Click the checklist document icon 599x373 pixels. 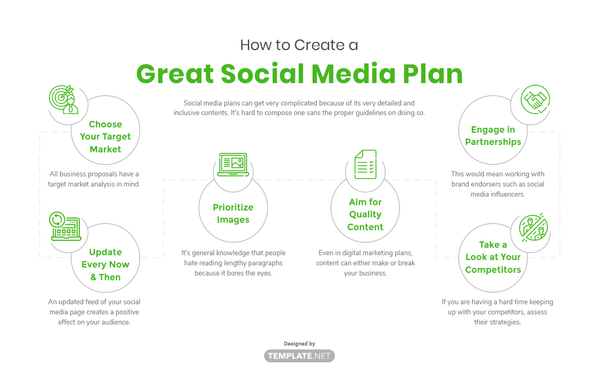[365, 164]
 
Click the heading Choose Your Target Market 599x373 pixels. [105, 137]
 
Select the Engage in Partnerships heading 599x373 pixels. [493, 136]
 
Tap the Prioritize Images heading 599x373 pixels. [233, 214]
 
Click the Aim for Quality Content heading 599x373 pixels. [365, 214]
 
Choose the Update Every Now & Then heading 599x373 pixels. [105, 264]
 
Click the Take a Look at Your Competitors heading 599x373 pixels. [493, 257]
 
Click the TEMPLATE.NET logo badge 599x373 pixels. [299, 356]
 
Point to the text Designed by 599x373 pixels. [299, 344]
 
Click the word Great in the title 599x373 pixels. [175, 74]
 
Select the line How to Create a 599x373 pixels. [299, 45]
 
